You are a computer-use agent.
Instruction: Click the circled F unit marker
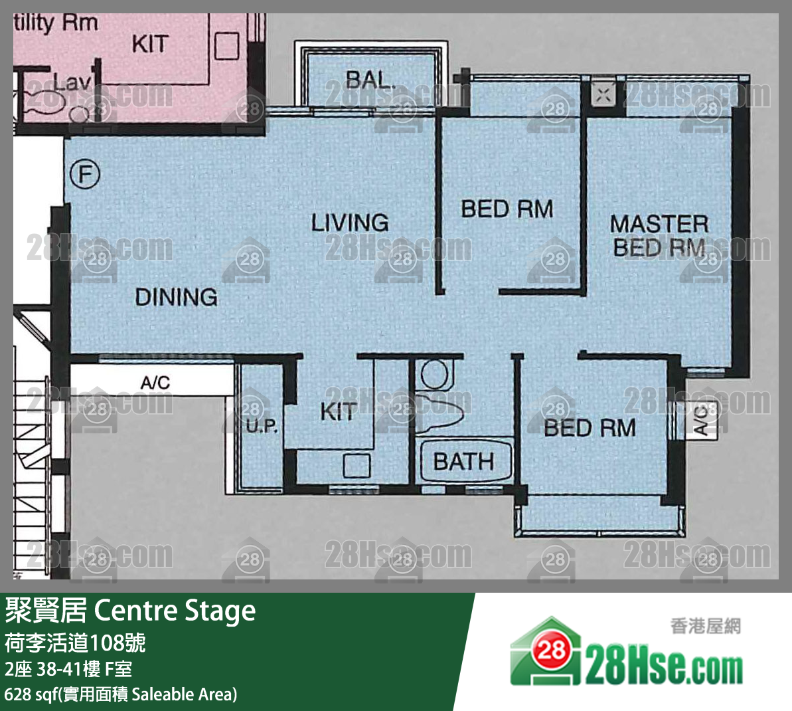tap(85, 175)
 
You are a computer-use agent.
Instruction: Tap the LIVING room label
tap(350, 223)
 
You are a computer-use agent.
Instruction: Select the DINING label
tap(177, 297)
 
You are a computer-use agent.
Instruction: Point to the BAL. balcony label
tap(369, 79)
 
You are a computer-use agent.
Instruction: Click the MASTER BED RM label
tap(659, 236)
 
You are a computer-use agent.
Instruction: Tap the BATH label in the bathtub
tap(463, 461)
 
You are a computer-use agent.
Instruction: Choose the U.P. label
tap(262, 427)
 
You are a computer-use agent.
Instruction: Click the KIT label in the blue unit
tap(339, 411)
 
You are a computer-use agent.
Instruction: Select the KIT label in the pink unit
tap(150, 44)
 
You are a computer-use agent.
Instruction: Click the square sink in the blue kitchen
tap(356, 466)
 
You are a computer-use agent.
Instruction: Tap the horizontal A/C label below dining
tap(155, 382)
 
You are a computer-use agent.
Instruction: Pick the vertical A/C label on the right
tap(701, 419)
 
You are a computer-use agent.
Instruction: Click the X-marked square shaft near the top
tap(603, 94)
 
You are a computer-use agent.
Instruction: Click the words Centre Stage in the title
tap(175, 611)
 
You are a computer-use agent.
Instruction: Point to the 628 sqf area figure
tap(31, 694)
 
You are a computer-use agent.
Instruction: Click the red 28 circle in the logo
tap(551, 649)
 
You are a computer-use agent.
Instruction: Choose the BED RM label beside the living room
tap(507, 209)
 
